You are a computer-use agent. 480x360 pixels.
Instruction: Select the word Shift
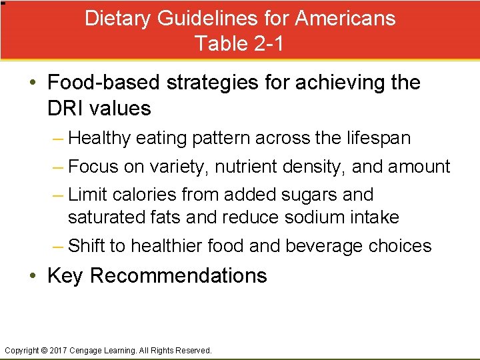click(87, 246)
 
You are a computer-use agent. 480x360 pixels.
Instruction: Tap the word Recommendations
click(179, 275)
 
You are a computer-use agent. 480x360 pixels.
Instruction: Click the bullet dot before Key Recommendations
click(34, 275)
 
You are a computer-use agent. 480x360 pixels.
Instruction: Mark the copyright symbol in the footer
click(45, 350)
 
